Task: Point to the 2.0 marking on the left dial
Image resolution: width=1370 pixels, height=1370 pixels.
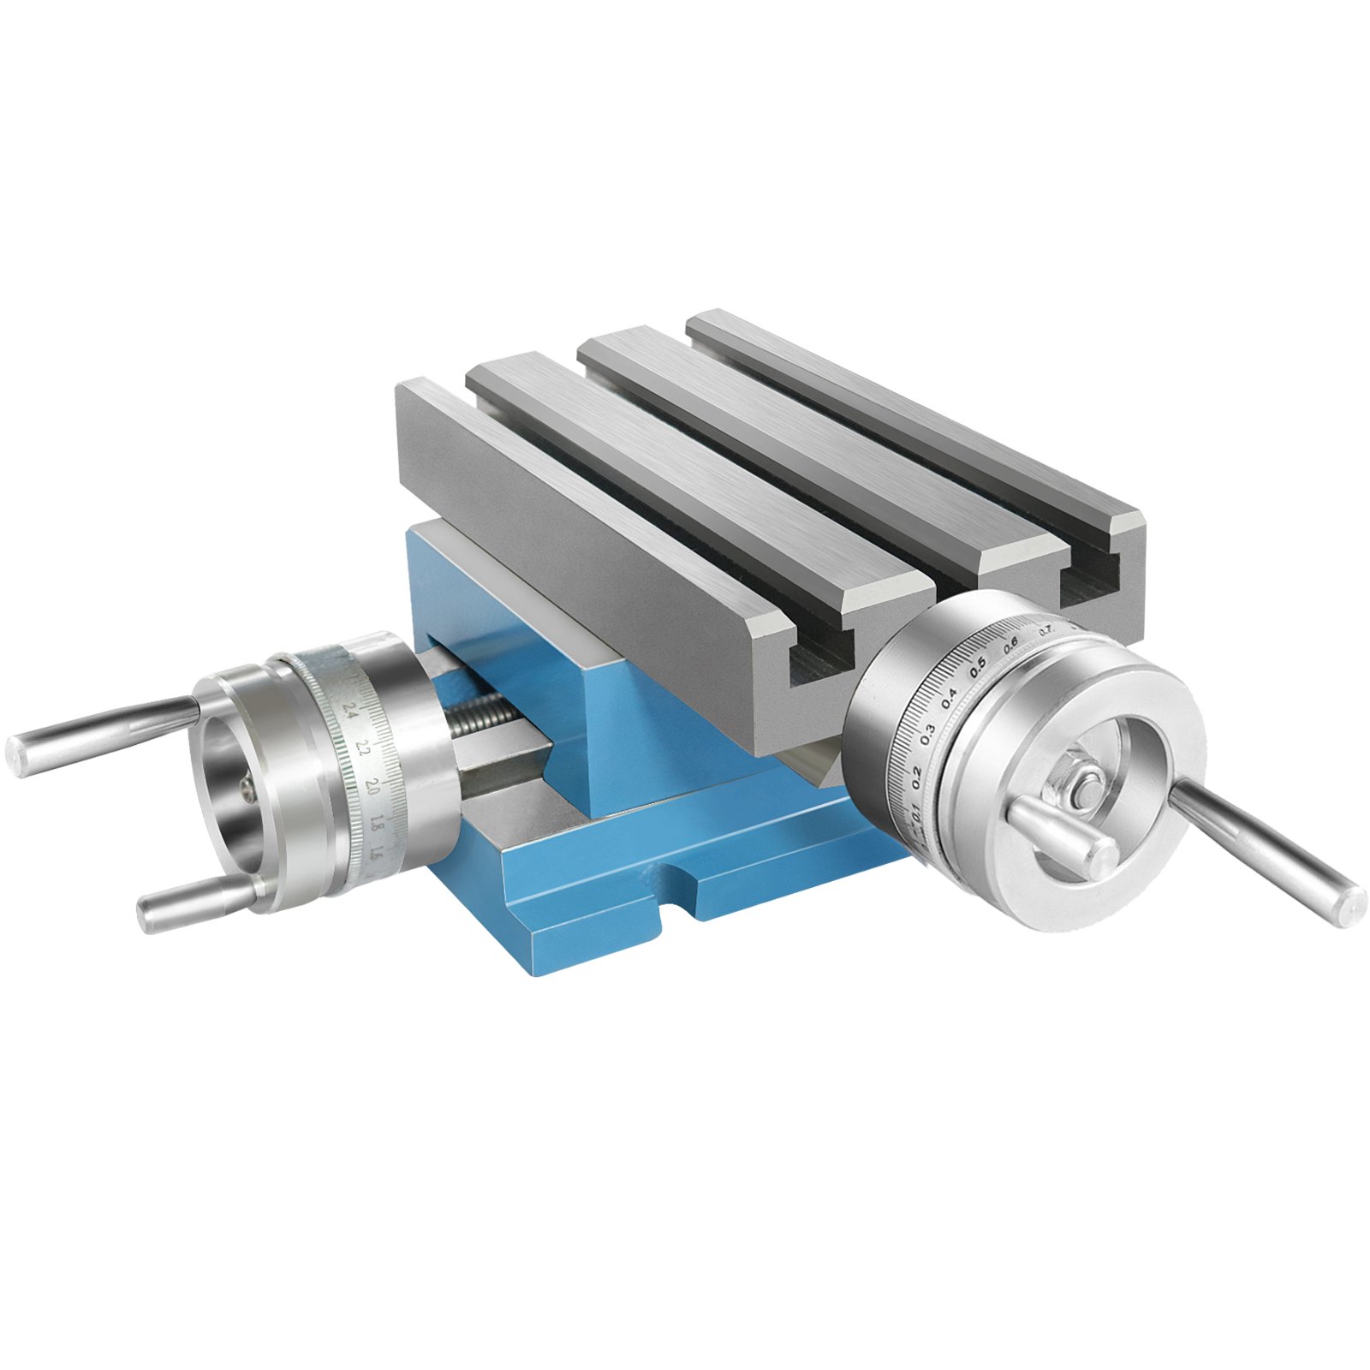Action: (372, 784)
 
